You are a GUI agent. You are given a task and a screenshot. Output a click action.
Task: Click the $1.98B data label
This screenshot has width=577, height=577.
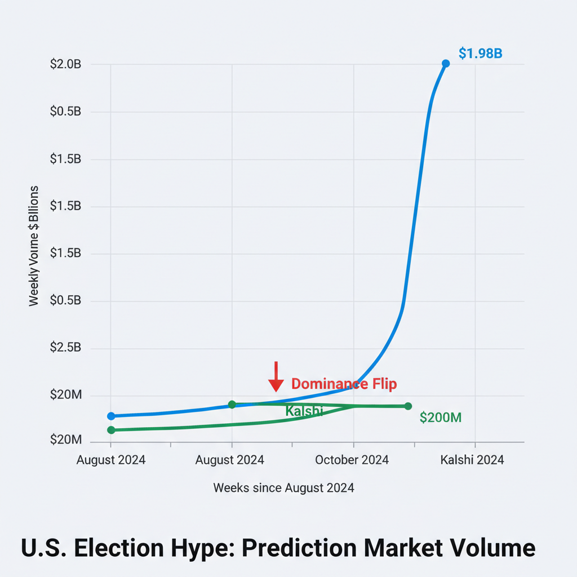(480, 54)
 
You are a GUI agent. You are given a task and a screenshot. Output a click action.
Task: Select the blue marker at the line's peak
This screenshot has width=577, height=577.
(446, 64)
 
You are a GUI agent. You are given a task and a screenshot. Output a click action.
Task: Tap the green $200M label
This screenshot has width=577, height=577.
(441, 418)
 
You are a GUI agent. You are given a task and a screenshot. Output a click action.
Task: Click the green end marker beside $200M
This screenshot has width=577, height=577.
(408, 406)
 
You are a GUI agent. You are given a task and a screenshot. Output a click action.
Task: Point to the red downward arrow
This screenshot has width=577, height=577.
(276, 377)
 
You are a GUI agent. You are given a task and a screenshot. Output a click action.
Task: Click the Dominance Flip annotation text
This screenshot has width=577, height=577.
(344, 384)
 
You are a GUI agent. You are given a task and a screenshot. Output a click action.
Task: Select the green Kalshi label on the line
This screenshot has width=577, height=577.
(304, 411)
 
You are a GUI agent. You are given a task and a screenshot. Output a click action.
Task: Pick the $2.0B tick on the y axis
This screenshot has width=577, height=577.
(65, 64)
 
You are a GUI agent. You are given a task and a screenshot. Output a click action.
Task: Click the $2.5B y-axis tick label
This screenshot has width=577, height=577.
(65, 348)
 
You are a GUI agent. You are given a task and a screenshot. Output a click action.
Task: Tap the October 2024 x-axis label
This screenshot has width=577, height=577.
(352, 460)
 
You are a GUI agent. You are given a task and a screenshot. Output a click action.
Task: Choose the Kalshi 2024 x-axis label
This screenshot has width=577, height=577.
(472, 460)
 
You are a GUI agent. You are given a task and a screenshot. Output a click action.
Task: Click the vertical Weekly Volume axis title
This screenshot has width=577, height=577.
(34, 246)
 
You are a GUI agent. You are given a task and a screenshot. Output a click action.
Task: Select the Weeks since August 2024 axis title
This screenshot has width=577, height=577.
(283, 488)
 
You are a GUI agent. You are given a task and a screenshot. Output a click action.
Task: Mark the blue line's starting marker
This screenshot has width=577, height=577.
(111, 416)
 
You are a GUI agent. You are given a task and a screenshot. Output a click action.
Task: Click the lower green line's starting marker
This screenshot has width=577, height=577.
(111, 430)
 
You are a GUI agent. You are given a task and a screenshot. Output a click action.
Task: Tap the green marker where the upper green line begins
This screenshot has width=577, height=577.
(232, 405)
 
